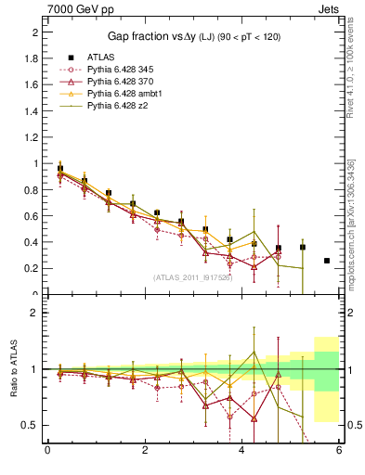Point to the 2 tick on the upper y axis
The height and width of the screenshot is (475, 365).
coord(34,32)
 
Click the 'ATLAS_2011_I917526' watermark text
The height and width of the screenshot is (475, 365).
coord(192,277)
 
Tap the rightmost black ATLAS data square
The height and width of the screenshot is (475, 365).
coord(327,261)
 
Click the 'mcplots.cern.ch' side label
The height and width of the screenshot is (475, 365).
coord(351,250)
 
